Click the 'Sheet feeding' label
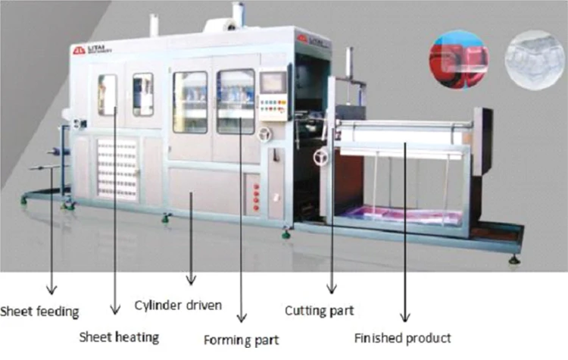39,310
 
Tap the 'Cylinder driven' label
178,305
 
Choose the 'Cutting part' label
319,310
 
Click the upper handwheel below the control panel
264,135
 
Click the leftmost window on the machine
107,95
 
